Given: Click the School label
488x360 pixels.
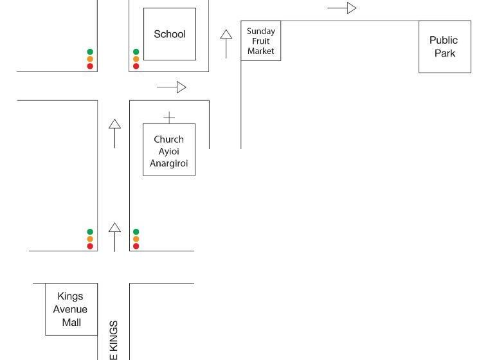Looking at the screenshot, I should pos(170,34).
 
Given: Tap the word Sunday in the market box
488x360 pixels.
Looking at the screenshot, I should pos(261,31).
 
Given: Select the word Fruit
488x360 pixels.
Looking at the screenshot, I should pos(261,41).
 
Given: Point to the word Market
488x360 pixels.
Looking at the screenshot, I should pos(261,51).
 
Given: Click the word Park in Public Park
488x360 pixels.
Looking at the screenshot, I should pos(445,53).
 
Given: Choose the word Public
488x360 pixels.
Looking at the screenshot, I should pos(444,40).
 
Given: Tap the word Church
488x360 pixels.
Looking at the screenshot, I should pos(168,139).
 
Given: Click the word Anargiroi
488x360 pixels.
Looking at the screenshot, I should pos(168,163).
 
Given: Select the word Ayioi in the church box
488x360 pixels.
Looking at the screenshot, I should pos(168,151).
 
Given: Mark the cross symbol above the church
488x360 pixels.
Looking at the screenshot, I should pos(169,117).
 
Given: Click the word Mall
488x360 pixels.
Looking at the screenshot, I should pos(71,322).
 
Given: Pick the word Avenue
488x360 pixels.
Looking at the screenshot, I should pos(70,309).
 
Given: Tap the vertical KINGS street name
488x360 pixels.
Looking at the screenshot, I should pos(114,339).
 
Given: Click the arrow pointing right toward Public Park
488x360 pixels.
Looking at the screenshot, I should pos(342,8).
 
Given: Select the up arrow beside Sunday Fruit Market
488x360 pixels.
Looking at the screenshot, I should pos(226,43).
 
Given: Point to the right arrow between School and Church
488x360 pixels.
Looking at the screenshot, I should pos(171,87).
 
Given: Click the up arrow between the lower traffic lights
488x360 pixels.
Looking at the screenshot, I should pos(114,237).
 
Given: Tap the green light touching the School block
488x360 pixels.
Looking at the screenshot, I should pos(136,52).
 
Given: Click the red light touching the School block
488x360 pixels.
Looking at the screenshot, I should pos(136,66).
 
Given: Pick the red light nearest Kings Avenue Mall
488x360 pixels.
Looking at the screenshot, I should pos(90,246).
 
